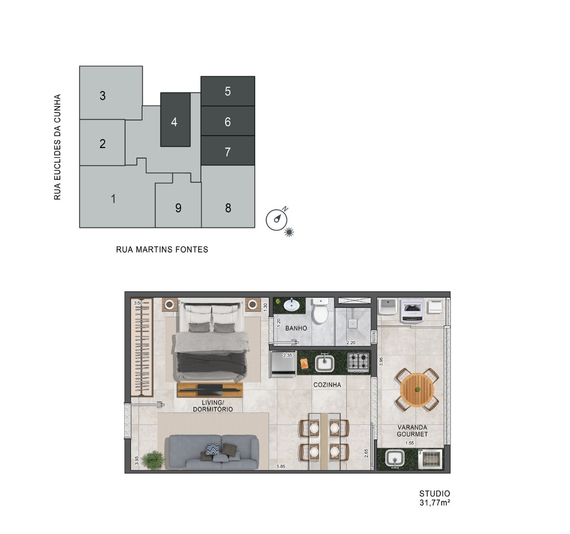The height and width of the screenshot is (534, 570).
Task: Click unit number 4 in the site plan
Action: (x=175, y=120)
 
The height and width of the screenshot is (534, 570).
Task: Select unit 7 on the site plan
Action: (x=228, y=150)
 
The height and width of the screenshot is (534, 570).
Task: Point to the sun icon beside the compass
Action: (x=289, y=232)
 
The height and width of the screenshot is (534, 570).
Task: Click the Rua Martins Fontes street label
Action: (x=162, y=250)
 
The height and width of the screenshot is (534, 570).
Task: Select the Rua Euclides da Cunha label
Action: (x=57, y=147)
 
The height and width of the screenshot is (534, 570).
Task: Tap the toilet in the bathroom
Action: (x=320, y=310)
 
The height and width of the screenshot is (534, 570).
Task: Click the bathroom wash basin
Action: (x=292, y=305)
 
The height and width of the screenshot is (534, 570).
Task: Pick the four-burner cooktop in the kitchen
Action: (x=359, y=362)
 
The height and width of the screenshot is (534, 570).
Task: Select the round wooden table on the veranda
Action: (x=418, y=390)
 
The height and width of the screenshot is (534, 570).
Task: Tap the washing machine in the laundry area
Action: (x=412, y=311)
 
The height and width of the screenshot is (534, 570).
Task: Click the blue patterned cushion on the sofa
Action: (x=212, y=449)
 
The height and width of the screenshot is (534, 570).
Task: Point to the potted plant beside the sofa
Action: (x=153, y=459)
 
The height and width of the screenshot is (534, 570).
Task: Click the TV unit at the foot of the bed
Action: (x=210, y=390)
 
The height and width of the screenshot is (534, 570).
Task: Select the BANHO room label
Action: (x=296, y=328)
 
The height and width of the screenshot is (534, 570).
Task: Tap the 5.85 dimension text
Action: (x=281, y=467)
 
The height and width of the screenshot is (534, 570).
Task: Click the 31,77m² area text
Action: (x=435, y=503)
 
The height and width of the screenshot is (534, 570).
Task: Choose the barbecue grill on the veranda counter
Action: (x=430, y=459)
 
